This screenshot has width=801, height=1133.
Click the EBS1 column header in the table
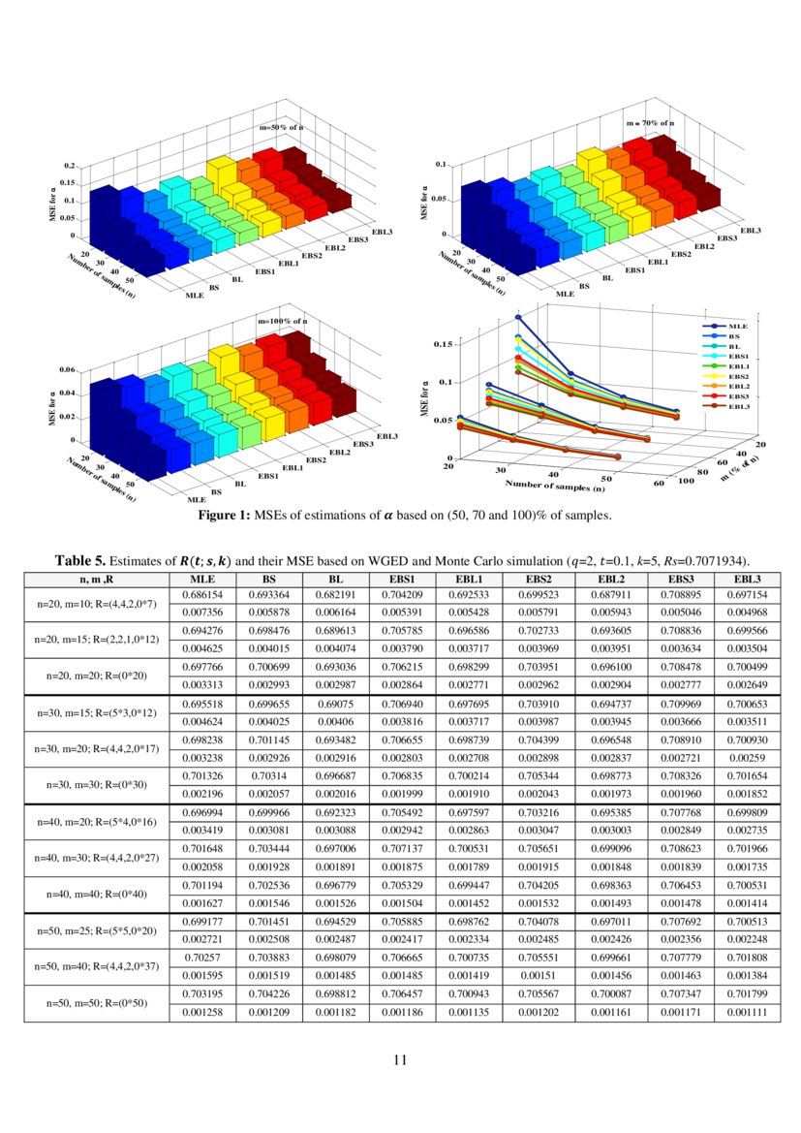coord(404,579)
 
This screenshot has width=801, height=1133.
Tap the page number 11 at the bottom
coord(400,1058)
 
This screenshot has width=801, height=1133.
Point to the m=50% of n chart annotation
coord(283,127)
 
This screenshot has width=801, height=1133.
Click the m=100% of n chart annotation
coord(283,320)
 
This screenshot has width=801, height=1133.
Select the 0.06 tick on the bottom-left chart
coord(67,370)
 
